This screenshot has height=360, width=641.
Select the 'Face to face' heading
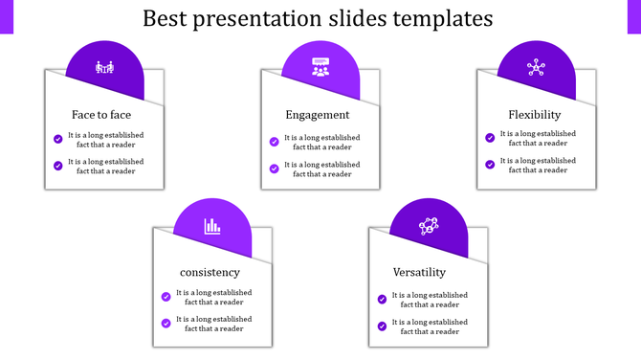[101, 115]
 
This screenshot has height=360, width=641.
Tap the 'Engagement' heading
[318, 115]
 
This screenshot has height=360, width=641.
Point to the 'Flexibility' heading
[534, 115]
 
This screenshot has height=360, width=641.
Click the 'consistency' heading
[210, 273]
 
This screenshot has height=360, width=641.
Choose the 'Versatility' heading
[426, 273]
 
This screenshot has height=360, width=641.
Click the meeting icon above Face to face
[104, 68]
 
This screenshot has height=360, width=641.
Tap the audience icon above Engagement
[320, 68]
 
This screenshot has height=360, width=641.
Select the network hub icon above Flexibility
[536, 68]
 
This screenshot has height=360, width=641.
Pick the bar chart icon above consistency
[212, 226]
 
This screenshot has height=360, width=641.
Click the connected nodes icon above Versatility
[429, 226]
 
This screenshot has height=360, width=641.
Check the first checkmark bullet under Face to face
[58, 139]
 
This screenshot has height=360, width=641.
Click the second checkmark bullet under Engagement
[275, 169]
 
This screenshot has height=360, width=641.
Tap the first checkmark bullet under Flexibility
[491, 138]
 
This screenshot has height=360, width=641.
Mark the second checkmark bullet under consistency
[166, 324]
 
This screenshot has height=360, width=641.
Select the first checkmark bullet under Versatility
[383, 300]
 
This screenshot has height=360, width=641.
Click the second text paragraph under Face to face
[105, 167]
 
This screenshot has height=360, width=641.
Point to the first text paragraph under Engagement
[321, 143]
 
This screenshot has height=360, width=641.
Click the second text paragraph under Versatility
[430, 326]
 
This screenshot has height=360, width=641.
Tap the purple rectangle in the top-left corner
[7, 16]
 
